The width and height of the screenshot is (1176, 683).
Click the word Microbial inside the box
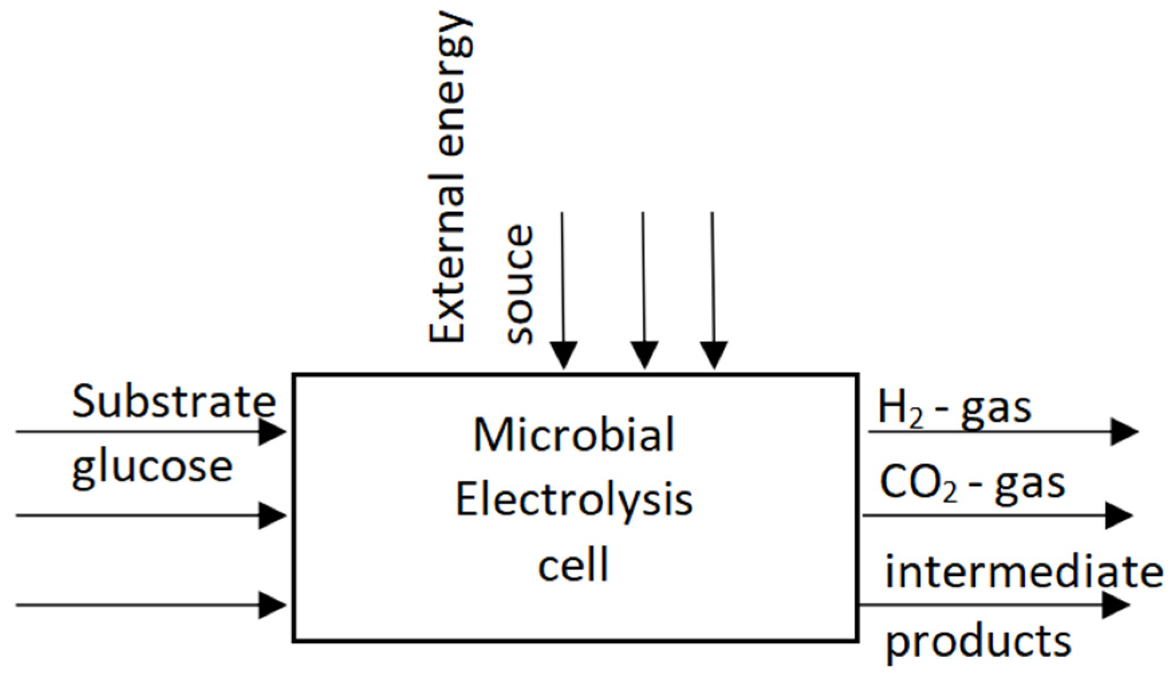[x=573, y=436]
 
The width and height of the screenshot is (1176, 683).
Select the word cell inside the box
[x=573, y=564]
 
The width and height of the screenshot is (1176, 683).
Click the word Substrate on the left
[x=174, y=402]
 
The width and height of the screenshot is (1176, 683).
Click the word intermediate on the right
[x=1023, y=573]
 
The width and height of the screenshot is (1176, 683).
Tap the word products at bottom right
[x=978, y=641]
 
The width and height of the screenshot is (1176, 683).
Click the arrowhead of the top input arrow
[x=272, y=432]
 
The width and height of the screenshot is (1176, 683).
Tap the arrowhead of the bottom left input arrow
[x=272, y=605]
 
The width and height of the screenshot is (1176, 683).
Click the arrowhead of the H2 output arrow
[x=1124, y=432]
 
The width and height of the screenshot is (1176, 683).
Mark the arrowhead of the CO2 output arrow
[x=1118, y=516]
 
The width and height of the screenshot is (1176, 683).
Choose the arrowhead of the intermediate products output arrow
[x=1116, y=605]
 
